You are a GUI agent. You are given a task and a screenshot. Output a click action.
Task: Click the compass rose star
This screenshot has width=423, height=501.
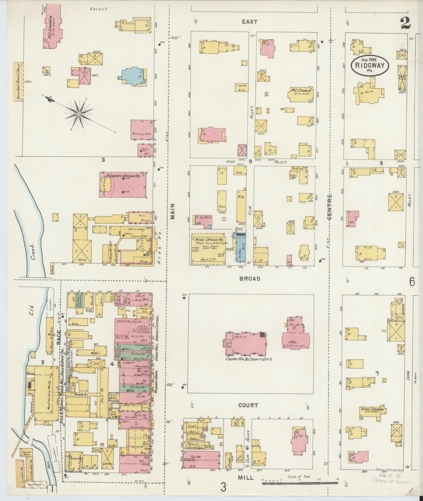pos(79,114)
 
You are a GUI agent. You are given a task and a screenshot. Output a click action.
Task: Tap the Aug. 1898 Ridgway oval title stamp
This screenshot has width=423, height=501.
pos(370,65)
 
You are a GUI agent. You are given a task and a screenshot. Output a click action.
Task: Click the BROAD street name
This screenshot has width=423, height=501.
pos(249,279)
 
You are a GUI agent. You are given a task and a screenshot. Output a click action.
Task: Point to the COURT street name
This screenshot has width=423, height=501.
pos(248,405)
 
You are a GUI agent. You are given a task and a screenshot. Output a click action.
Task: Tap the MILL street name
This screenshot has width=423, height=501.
pos(246,478)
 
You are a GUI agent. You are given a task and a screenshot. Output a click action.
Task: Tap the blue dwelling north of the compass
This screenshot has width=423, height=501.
pos(134,75)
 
